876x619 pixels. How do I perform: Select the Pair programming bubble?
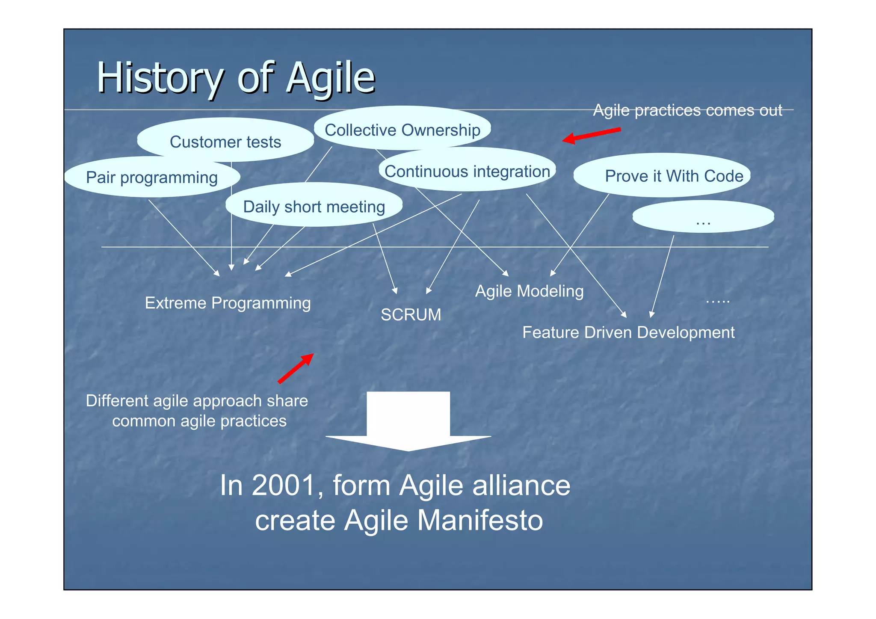152,177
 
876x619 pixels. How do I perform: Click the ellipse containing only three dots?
703,217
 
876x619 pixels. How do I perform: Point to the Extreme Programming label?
228,303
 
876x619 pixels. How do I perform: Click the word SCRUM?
411,315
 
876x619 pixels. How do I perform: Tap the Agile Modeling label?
529,291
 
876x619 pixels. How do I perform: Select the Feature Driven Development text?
628,332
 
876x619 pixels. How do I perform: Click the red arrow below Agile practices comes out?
591,135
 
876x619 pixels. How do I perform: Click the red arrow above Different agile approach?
296,368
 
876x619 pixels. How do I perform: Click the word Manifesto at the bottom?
480,520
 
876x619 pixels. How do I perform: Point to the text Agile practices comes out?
687,110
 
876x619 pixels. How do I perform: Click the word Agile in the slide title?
330,78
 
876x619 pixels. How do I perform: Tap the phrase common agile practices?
199,421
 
